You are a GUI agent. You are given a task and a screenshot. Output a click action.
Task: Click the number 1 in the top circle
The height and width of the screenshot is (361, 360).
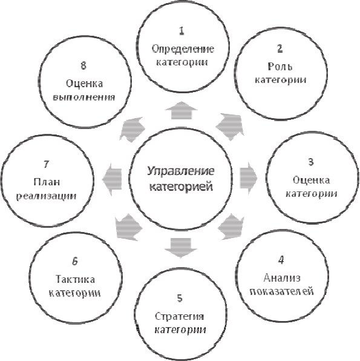pyautogui.click(x=182, y=31)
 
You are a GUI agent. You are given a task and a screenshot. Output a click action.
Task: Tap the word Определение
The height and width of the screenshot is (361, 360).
pyautogui.click(x=183, y=49)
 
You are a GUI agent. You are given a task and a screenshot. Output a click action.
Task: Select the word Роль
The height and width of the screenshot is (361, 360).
pyautogui.click(x=280, y=67)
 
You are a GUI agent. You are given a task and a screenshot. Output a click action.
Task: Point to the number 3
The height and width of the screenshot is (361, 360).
pyautogui.click(x=311, y=162)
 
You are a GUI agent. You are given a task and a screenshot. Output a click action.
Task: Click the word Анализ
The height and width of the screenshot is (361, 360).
pyautogui.click(x=282, y=277)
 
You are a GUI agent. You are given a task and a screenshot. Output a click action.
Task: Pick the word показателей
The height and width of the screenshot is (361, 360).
pyautogui.click(x=282, y=291)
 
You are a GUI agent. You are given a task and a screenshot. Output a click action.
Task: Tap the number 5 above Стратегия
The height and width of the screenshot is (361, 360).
pyautogui.click(x=180, y=297)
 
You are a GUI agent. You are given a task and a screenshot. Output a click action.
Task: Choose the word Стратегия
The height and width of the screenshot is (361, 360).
pyautogui.click(x=180, y=316)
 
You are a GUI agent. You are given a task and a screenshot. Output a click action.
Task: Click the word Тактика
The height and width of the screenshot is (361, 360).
pyautogui.click(x=75, y=279)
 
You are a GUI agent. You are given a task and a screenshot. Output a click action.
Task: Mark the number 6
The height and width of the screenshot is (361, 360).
pyautogui.click(x=75, y=261)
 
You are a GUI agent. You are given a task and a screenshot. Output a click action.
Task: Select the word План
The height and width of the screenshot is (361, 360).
pyautogui.click(x=47, y=182)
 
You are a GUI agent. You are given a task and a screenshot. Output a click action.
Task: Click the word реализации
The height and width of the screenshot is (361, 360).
pyautogui.click(x=47, y=196)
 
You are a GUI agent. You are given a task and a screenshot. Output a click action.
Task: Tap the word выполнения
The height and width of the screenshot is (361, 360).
pyautogui.click(x=84, y=97)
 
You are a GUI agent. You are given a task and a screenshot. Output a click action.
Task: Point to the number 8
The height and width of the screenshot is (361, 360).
pyautogui.click(x=83, y=65)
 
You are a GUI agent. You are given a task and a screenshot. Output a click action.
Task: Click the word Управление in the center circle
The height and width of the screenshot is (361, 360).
pyautogui.click(x=181, y=171)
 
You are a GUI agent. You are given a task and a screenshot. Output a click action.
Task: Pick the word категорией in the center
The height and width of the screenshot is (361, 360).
pyautogui.click(x=181, y=187)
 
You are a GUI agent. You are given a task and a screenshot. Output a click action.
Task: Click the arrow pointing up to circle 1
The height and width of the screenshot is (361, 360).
pyautogui.click(x=182, y=110)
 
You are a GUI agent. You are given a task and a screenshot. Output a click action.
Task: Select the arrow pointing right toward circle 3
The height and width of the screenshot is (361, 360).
pyautogui.click(x=249, y=178)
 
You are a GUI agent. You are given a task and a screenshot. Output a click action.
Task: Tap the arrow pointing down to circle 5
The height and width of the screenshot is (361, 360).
pyautogui.click(x=180, y=248)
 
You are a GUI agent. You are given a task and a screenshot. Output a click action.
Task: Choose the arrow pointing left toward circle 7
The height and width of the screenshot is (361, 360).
pyautogui.click(x=112, y=179)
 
